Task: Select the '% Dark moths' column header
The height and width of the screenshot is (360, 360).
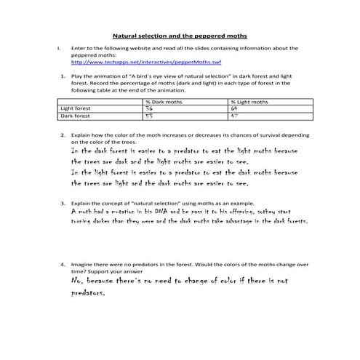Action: [x=159, y=102]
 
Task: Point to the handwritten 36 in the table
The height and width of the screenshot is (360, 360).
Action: [x=150, y=108]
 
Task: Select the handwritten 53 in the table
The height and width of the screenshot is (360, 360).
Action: [x=150, y=116]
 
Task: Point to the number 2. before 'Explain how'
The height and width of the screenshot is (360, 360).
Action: [x=64, y=135]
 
